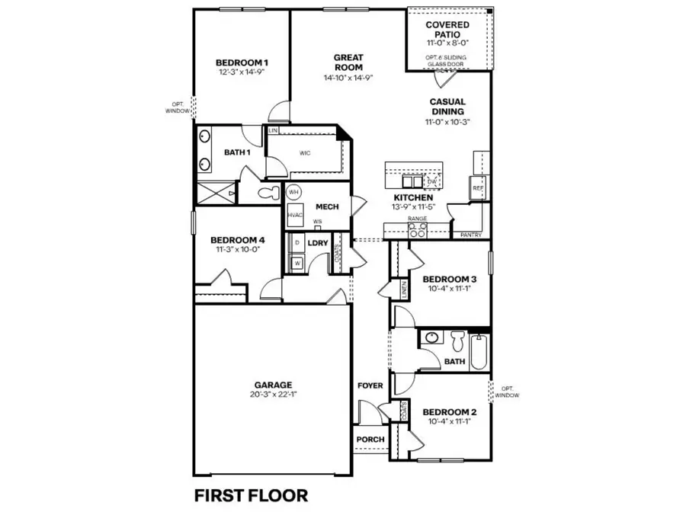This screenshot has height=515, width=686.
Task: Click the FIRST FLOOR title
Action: (x=251, y=495)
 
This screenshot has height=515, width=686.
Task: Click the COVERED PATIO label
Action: (x=447, y=29)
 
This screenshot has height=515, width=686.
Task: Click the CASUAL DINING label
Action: (x=447, y=106)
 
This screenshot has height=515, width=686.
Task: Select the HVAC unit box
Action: (x=295, y=215)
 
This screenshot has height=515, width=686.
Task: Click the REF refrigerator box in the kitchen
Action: (x=479, y=187)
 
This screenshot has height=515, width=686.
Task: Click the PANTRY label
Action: (x=470, y=235)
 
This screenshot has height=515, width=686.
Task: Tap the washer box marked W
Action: (x=297, y=263)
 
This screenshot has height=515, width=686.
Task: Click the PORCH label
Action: (x=370, y=440)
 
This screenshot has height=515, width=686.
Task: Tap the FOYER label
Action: (x=370, y=386)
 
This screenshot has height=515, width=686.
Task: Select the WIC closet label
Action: (x=305, y=152)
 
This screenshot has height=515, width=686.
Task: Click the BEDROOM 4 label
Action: (x=236, y=240)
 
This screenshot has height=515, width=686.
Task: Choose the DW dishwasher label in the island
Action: (x=432, y=182)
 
